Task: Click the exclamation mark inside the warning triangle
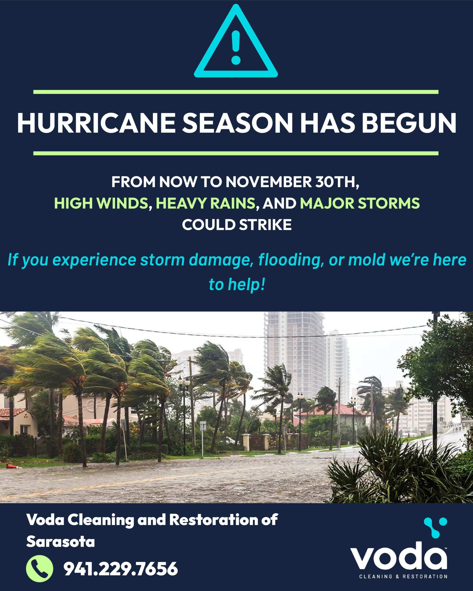coord(236,46)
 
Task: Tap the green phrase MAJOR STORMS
coord(360,203)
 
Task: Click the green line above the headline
coord(236,92)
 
